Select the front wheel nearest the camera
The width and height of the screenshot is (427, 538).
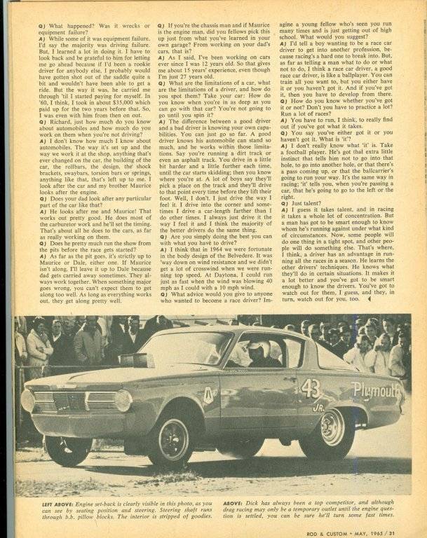(170, 439)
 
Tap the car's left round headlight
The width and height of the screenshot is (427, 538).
(28, 401)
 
